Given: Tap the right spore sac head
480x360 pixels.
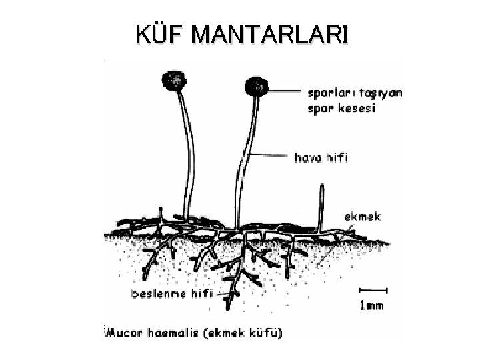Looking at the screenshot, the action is (x=255, y=87).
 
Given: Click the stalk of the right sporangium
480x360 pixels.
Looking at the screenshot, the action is (x=245, y=160).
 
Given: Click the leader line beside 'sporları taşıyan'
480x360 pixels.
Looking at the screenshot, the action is (x=284, y=91).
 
